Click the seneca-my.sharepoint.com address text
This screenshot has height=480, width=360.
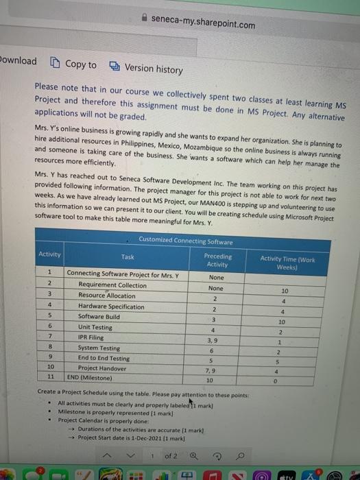pos(204,25)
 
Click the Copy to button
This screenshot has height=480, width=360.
pos(73,64)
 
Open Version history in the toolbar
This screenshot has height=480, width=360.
pos(146,69)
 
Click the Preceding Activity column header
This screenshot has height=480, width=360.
pos(217,259)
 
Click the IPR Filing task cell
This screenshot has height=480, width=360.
pos(91,338)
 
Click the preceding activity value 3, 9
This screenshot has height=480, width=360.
pos(213,339)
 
